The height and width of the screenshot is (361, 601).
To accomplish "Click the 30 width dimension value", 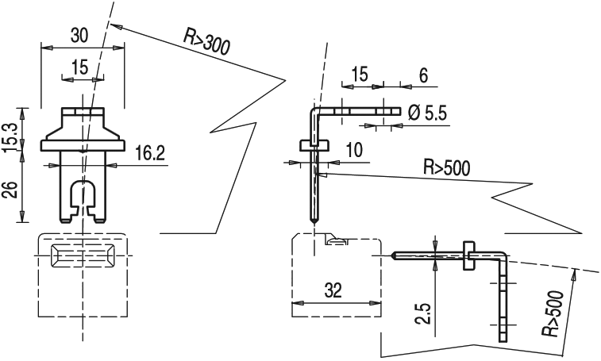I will (x=79, y=36).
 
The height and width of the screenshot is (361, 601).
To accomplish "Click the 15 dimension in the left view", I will (x=79, y=67).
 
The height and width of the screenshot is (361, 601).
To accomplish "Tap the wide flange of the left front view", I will (x=83, y=144).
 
